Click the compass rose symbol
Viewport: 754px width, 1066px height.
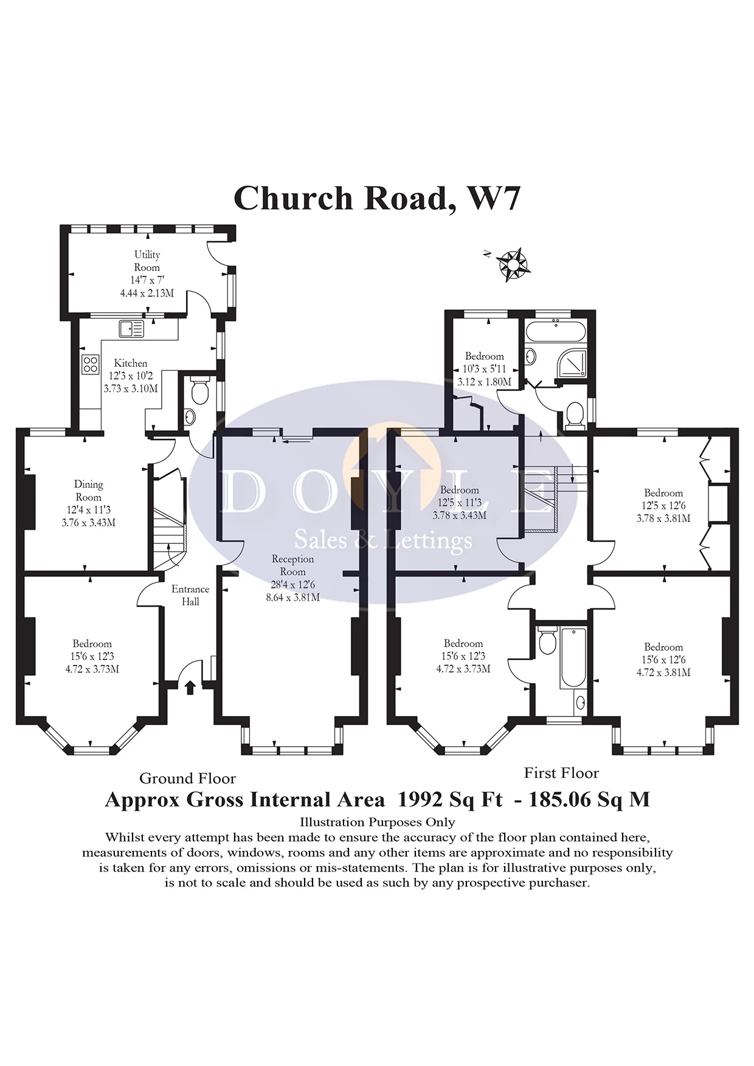click(x=513, y=264)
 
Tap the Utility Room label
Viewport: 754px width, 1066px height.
click(x=147, y=261)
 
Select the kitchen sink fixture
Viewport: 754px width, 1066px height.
click(x=131, y=329)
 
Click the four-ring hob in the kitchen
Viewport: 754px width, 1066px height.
click(x=90, y=363)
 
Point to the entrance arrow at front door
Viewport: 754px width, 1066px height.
click(x=190, y=687)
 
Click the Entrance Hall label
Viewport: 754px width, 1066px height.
click(x=190, y=595)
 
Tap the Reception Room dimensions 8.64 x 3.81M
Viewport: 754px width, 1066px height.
click(x=292, y=597)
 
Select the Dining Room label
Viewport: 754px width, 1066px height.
click(x=89, y=490)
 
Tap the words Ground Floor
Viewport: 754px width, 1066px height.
click(x=187, y=779)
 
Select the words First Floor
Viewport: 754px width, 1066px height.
click(x=561, y=773)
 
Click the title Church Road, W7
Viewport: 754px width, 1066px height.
click(x=376, y=198)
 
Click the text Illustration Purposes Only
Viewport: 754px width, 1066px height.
click(x=377, y=822)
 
